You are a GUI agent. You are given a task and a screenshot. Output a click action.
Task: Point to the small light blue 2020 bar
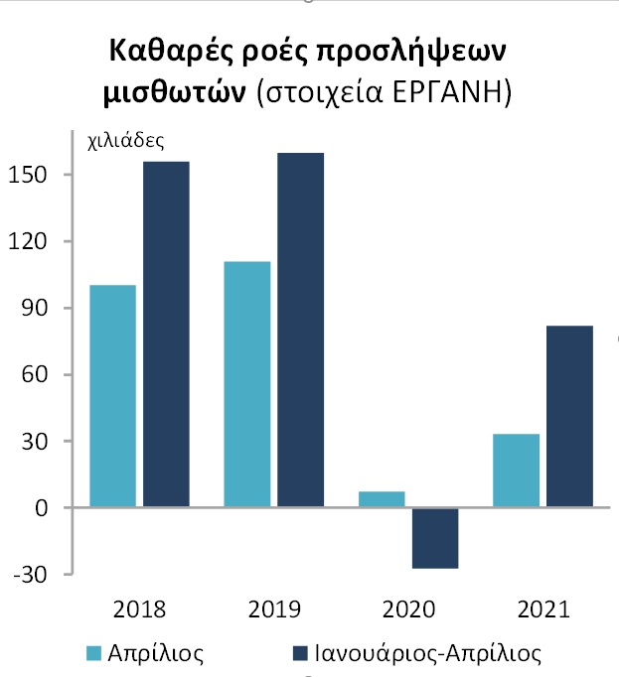tap(382, 499)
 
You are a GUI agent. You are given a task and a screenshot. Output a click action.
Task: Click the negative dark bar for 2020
tap(435, 538)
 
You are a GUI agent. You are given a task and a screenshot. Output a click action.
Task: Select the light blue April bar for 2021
tap(516, 471)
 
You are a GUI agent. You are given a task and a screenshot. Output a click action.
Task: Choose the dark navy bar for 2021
tap(569, 416)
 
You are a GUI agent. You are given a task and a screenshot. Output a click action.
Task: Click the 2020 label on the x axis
tap(408, 609)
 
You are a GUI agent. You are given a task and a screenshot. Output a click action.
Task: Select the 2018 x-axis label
tap(140, 609)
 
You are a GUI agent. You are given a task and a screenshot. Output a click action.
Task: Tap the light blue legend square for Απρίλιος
tap(95, 653)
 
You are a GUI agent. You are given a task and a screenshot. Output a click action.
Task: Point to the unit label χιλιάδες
tap(126, 141)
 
